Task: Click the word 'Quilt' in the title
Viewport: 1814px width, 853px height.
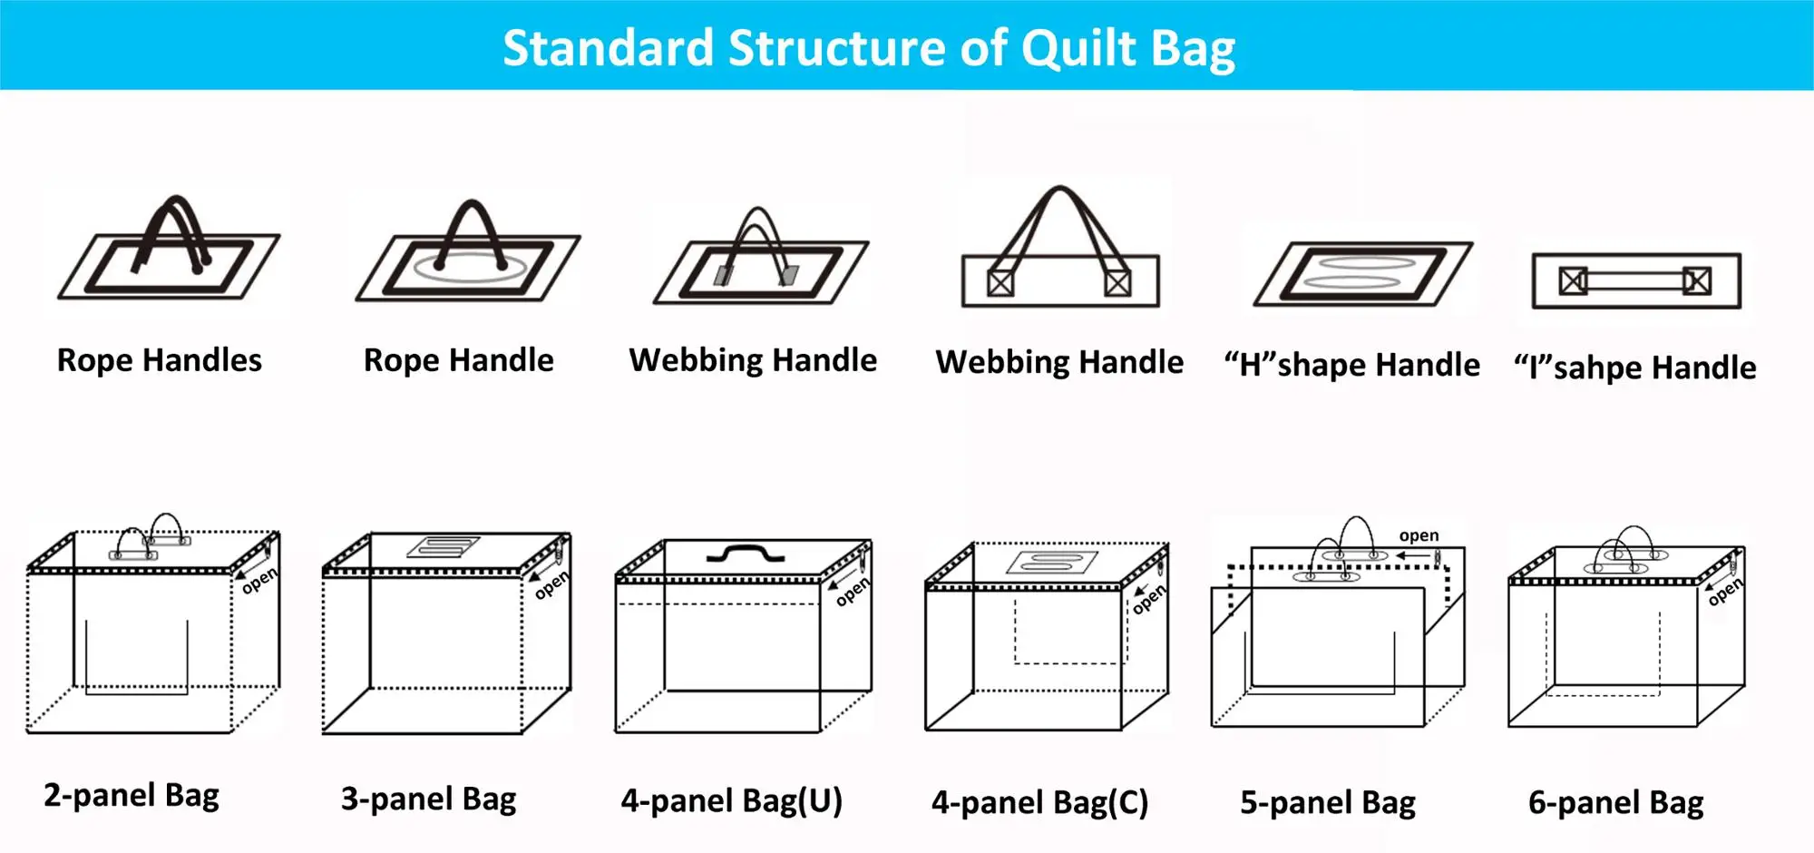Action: click(1078, 49)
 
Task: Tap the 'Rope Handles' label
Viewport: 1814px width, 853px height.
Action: click(160, 360)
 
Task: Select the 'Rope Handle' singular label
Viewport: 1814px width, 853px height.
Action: click(458, 360)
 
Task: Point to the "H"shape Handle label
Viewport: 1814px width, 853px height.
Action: click(1351, 365)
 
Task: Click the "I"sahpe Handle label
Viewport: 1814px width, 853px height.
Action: click(1634, 368)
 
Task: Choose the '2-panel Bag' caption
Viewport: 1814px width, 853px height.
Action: click(132, 796)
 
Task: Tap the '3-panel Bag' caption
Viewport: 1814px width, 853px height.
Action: click(428, 799)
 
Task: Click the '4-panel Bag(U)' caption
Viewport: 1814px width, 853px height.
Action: click(731, 801)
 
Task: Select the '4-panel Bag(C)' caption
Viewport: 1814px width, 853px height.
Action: click(1039, 803)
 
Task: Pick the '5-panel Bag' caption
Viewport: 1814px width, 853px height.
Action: click(1328, 803)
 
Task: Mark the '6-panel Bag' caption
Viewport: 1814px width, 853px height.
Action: click(1615, 803)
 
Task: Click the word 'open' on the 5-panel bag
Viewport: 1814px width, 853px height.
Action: click(1419, 535)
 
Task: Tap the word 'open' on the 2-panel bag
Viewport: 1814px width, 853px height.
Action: click(259, 580)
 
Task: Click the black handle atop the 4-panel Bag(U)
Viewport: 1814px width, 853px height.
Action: click(746, 553)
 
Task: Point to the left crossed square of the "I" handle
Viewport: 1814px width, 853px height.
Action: click(1573, 281)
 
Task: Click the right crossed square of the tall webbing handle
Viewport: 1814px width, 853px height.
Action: click(1117, 283)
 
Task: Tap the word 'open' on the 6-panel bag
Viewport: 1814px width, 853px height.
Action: click(1724, 592)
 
